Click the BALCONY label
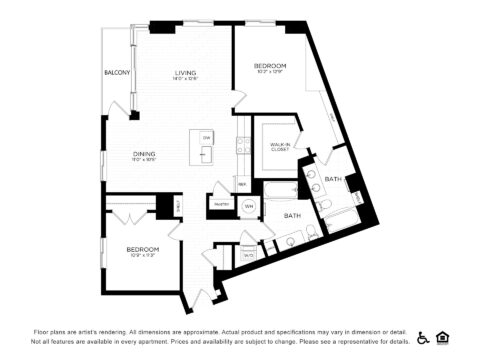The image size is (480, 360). coord(118,73)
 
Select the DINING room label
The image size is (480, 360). coord(144,153)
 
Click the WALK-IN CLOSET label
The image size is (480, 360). coord(280,147)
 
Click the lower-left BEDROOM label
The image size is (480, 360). coord(142,248)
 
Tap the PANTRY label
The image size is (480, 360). coord(220,205)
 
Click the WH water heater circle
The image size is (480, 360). coord(249,207)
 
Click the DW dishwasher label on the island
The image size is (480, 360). coord(206,137)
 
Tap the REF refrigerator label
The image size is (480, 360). coord(242,185)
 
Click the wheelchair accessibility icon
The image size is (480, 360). coord(423,337)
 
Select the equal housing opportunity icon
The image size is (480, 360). coord(442,337)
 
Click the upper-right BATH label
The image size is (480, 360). coord(333,179)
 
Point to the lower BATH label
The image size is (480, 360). coord(293,215)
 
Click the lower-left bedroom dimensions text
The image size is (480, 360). coord(142,255)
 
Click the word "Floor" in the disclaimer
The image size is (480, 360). coord(42,330)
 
